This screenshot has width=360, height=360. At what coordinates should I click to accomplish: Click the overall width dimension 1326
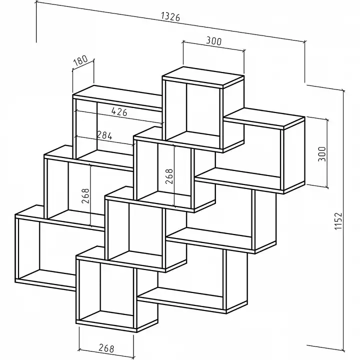170,16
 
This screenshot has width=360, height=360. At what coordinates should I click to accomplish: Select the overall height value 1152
338,221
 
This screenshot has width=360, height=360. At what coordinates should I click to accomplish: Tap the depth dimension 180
80,60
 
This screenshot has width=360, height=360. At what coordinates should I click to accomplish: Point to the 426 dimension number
119,112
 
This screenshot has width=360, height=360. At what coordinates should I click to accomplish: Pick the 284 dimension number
104,135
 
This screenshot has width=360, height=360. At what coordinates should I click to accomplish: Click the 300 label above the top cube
214,41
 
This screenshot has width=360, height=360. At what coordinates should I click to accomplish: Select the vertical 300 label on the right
322,154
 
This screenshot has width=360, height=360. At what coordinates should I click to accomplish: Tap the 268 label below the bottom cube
106,348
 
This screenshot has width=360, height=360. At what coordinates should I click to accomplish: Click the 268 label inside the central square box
169,176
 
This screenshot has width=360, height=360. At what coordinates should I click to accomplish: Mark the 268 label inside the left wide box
85,196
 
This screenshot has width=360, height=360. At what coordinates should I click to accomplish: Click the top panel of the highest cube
203,76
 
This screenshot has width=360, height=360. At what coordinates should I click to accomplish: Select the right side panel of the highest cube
233,113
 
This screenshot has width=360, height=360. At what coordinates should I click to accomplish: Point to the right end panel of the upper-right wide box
294,154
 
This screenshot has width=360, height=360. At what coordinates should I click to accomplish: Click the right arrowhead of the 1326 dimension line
304,41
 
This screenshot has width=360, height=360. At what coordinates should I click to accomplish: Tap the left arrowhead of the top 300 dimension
184,42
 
